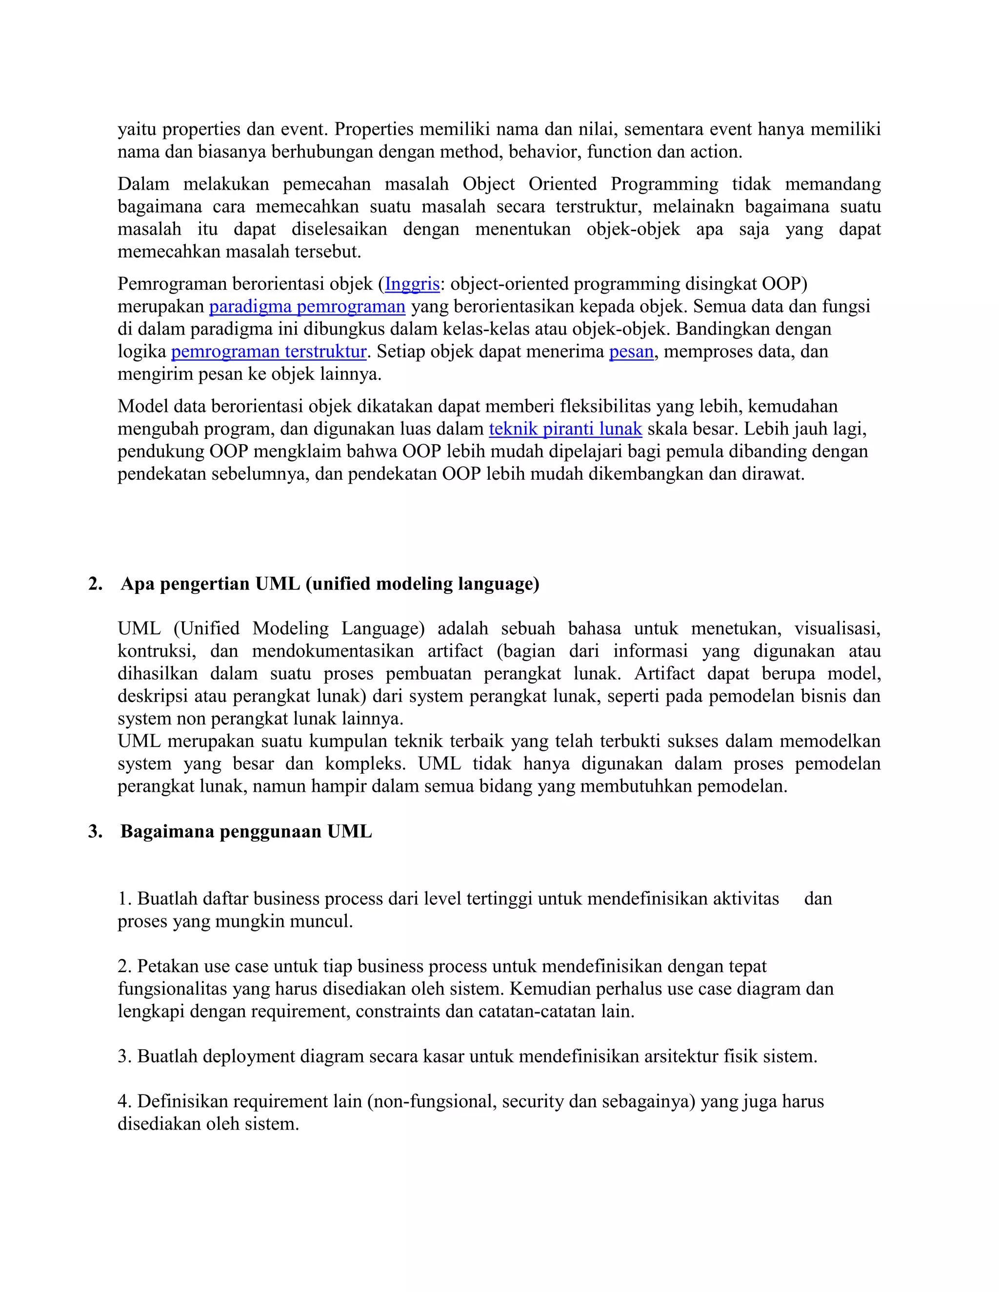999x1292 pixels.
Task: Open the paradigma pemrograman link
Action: [x=307, y=307]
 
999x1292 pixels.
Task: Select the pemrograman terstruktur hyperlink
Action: [x=269, y=352]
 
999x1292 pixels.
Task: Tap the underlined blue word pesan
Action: [x=631, y=352]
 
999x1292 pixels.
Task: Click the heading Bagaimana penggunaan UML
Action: [x=246, y=832]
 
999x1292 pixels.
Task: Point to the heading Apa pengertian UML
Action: [x=330, y=584]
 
